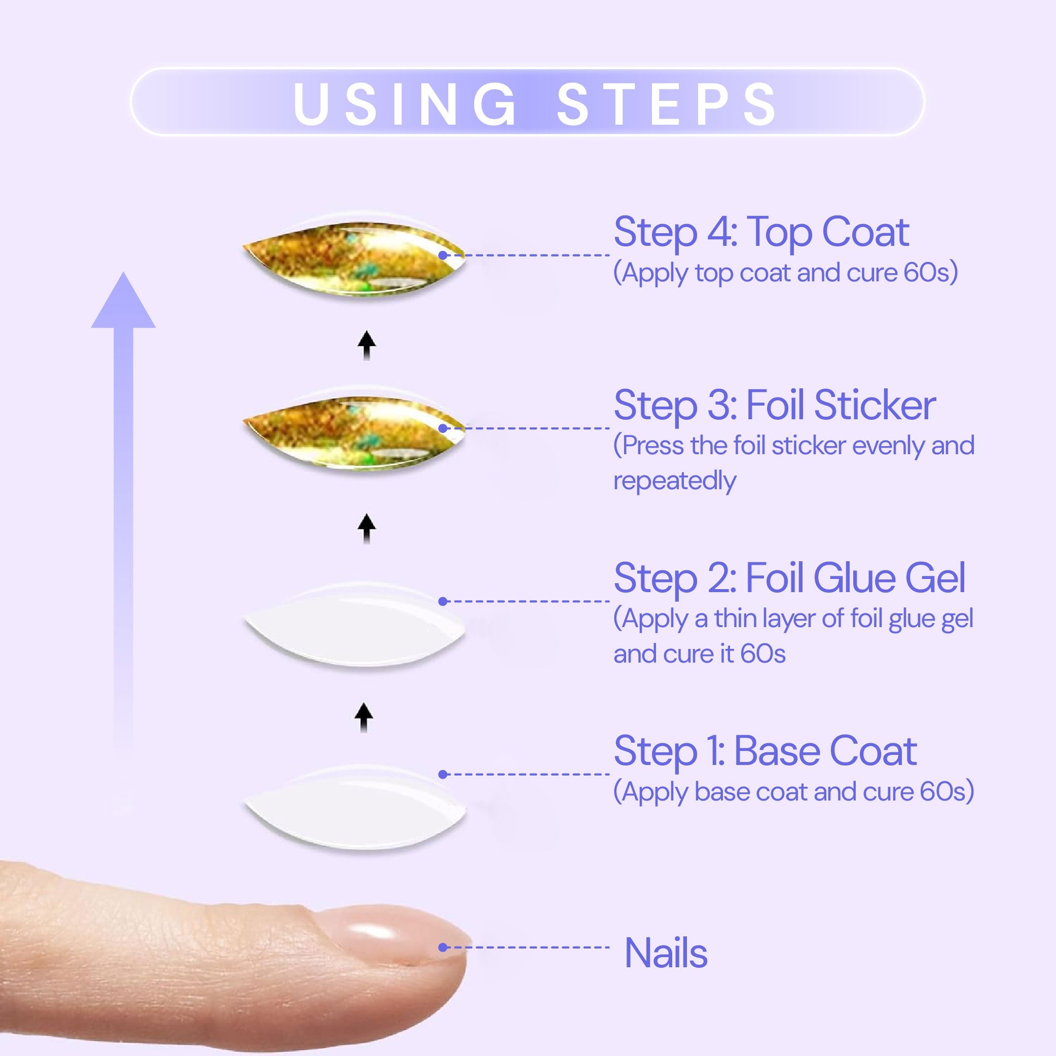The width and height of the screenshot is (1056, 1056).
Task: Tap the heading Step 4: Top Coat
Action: (761, 232)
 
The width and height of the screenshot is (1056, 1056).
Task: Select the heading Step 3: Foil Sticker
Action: (775, 406)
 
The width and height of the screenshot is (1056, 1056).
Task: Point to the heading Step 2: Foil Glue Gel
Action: (789, 578)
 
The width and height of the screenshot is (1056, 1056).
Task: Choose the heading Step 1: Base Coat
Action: (765, 751)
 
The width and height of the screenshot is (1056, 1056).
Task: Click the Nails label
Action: (666, 953)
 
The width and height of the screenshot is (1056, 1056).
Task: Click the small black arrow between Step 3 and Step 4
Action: (367, 345)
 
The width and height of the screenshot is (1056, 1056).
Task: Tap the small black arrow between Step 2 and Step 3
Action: (367, 528)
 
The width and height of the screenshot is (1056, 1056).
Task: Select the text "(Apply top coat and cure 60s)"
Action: (785, 272)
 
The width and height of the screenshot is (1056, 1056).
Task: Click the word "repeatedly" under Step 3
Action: (674, 481)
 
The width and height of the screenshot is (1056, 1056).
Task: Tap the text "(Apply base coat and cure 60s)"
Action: (793, 791)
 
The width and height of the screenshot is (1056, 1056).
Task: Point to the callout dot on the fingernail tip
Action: (443, 947)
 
